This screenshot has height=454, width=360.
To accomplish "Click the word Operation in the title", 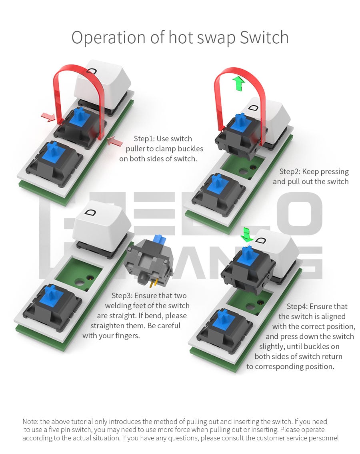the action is pos(108,38).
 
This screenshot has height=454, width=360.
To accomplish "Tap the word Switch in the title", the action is pos(264,37).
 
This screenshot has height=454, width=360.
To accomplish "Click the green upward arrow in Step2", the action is pos(239,83).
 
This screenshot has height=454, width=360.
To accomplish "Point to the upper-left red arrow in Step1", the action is pos(48,117).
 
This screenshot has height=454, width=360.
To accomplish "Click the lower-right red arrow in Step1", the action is pos(114,142).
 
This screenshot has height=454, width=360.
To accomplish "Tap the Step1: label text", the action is pos(144,139).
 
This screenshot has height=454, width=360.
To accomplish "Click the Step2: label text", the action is pos(290,172).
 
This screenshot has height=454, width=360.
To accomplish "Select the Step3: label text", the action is pos(122,295).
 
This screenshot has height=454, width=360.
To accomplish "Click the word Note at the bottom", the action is pos(30,422).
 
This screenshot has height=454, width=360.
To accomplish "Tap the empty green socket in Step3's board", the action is pos(78,273).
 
